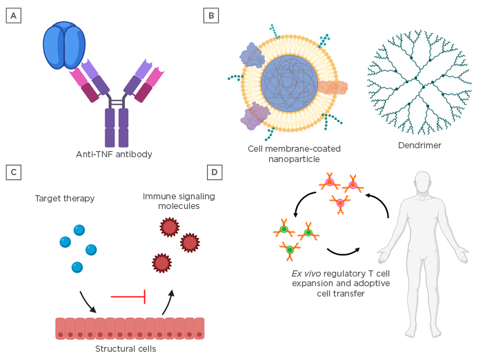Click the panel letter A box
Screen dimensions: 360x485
(x=12, y=14)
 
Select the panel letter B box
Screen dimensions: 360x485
(x=212, y=14)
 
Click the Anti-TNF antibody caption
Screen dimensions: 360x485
(x=114, y=154)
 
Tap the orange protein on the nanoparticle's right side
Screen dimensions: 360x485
(x=333, y=88)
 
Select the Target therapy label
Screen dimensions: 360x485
(x=64, y=199)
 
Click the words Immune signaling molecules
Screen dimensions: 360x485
(x=179, y=201)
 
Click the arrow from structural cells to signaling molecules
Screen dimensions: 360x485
(x=168, y=301)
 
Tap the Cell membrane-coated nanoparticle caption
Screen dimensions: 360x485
(x=294, y=153)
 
